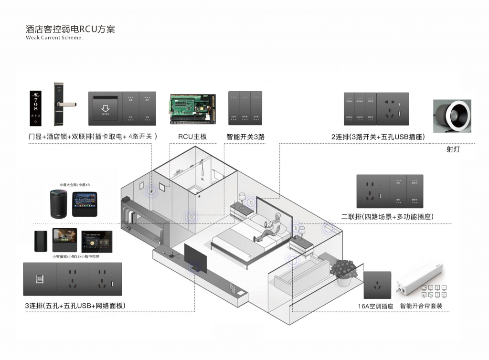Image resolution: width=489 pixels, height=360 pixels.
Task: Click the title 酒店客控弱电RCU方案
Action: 70,29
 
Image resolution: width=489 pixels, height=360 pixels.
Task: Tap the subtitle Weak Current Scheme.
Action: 54,38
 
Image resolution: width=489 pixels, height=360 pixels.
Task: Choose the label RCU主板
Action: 192,137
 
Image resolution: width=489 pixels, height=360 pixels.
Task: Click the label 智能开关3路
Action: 245,137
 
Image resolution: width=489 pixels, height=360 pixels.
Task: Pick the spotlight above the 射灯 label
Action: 452,116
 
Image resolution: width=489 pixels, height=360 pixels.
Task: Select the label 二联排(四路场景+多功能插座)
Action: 387,217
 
